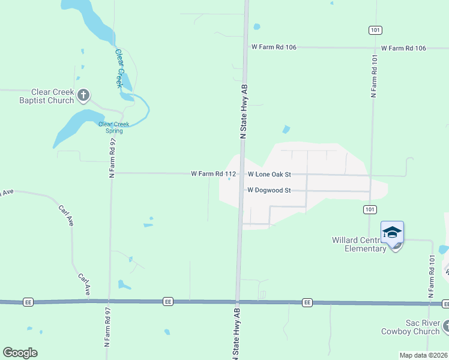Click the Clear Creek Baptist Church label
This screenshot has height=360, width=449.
pos(45,96)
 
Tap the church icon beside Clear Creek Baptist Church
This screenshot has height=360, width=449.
pos(83,94)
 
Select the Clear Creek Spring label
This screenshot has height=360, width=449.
pos(113,127)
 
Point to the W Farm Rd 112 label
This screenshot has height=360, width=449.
pos(213,174)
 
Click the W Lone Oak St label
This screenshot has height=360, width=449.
pos(269,174)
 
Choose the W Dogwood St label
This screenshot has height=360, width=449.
pos(269,190)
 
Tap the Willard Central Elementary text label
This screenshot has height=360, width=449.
pos(358,244)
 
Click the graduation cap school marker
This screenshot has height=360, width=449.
pos(392,232)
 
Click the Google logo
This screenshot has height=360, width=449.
pos(20,352)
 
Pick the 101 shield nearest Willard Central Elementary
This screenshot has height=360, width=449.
pos(370,209)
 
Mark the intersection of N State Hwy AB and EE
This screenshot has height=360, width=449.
pos(238,302)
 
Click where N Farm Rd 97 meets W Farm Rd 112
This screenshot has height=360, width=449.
pos(112,173)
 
